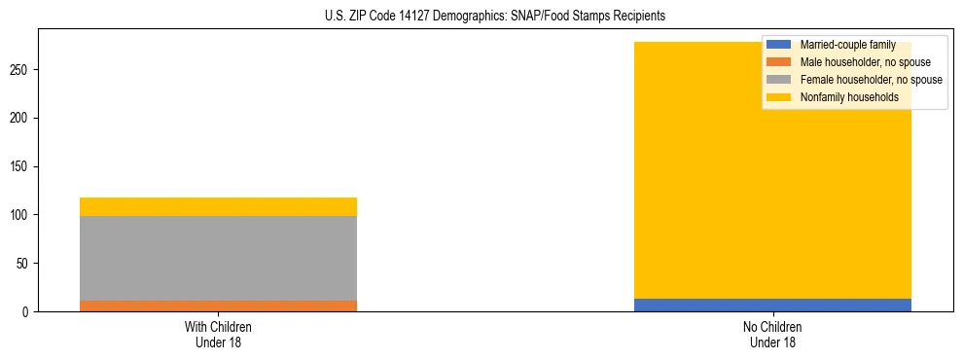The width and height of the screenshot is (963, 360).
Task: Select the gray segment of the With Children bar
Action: coord(218,258)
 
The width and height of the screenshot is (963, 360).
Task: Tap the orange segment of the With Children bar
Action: coord(218,306)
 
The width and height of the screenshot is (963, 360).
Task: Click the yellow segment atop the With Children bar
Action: coord(218,206)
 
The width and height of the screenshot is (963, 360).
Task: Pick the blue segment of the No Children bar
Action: coord(772,305)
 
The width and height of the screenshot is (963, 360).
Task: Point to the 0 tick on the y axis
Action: coord(27,311)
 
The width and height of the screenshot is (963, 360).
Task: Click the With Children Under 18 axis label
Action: coord(218,334)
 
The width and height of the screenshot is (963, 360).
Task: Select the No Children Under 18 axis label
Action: coord(772,334)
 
